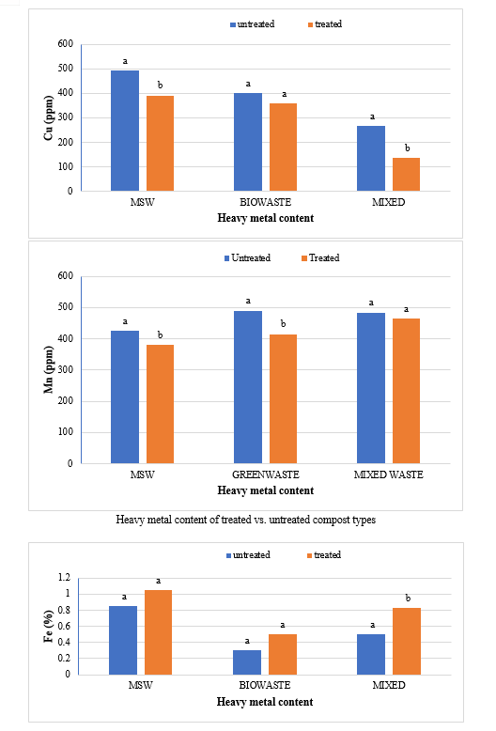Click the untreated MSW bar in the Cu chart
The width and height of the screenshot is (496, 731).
click(125, 131)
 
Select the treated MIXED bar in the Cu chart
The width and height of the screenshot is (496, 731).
click(406, 175)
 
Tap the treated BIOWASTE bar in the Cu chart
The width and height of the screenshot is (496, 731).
click(283, 147)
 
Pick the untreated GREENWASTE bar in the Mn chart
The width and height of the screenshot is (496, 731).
click(248, 387)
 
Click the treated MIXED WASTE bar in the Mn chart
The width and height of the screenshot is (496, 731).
click(406, 391)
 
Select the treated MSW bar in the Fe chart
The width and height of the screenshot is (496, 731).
click(158, 632)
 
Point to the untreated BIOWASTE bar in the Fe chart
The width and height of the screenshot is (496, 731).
click(247, 662)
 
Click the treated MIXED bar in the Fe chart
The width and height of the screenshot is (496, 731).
click(407, 641)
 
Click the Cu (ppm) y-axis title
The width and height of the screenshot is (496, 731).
click(49, 118)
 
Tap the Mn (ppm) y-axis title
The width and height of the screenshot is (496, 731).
click(49, 369)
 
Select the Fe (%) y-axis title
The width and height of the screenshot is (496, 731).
click(49, 626)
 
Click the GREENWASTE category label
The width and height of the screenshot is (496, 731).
click(266, 474)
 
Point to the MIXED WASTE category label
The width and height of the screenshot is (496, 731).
click(388, 474)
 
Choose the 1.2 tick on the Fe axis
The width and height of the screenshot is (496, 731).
click(64, 578)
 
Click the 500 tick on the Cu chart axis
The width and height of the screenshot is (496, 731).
click(66, 69)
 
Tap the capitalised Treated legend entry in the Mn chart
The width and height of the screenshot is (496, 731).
click(320, 257)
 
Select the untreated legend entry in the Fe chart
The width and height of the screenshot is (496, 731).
click(248, 554)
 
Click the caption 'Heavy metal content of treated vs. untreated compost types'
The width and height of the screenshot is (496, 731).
click(246, 520)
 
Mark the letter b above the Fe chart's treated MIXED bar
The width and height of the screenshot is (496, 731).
click(408, 598)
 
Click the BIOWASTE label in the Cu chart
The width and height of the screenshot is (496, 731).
click(265, 202)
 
